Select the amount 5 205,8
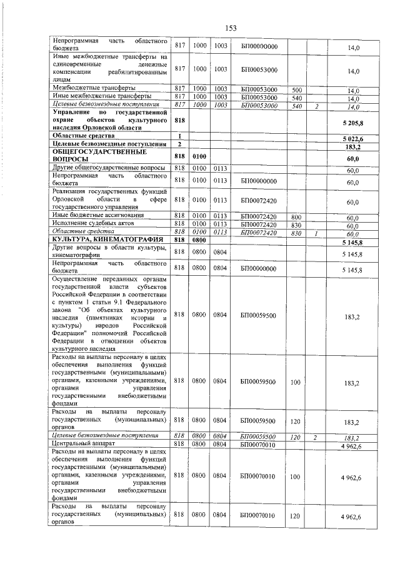pos(353,123)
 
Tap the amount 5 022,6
pos(353,138)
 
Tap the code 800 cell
pos(297,216)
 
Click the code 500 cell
pos(297,89)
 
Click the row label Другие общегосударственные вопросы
pos(108,168)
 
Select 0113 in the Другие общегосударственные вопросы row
pos(219,169)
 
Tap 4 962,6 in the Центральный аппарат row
pos(352,445)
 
